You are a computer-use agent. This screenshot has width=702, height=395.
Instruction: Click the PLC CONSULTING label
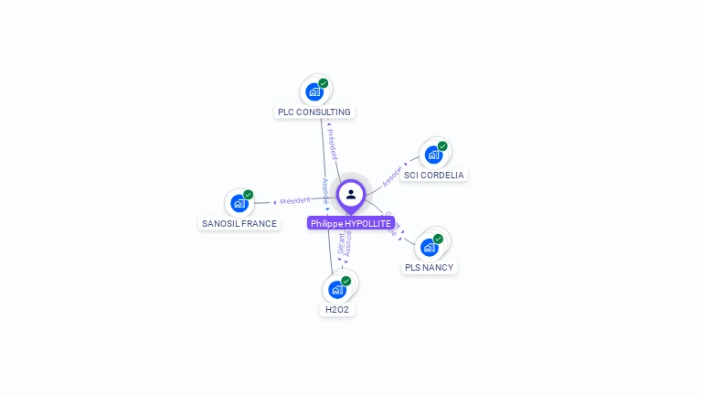pyautogui.click(x=314, y=112)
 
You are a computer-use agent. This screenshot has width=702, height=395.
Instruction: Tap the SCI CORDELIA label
pyautogui.click(x=433, y=176)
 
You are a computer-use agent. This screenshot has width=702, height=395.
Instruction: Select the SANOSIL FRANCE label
pyautogui.click(x=239, y=224)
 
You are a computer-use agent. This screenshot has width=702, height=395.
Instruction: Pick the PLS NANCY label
pyautogui.click(x=429, y=268)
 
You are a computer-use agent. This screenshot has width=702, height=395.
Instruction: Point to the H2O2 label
pyautogui.click(x=337, y=310)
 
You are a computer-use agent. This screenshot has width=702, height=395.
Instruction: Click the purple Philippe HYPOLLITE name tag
pyautogui.click(x=350, y=223)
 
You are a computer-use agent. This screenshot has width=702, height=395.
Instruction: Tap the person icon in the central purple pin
pyautogui.click(x=351, y=195)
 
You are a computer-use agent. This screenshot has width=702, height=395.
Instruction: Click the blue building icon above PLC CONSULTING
pyautogui.click(x=314, y=92)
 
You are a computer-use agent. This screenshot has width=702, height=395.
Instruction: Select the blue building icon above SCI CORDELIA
pyautogui.click(x=432, y=155)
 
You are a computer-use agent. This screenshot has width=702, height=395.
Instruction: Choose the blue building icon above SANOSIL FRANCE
pyautogui.click(x=239, y=204)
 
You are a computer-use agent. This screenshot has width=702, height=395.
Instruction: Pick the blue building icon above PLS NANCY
pyautogui.click(x=428, y=247)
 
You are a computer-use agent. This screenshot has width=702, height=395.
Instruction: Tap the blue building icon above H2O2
pyautogui.click(x=336, y=290)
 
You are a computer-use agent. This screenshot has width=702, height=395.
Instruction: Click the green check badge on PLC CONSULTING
pyautogui.click(x=324, y=83)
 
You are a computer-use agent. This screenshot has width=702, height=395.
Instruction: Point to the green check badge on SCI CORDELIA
pyautogui.click(x=442, y=146)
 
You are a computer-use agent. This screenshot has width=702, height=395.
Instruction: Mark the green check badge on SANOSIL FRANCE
pyautogui.click(x=248, y=195)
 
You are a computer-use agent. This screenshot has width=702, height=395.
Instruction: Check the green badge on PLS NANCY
pyautogui.click(x=438, y=239)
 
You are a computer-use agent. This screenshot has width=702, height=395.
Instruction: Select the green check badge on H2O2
pyautogui.click(x=346, y=281)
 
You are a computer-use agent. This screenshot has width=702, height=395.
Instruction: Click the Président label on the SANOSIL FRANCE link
pyautogui.click(x=295, y=200)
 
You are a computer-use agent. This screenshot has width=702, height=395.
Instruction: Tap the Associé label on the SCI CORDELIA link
pyautogui.click(x=392, y=176)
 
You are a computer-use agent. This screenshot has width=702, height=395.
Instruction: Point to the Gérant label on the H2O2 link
pyautogui.click(x=341, y=243)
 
